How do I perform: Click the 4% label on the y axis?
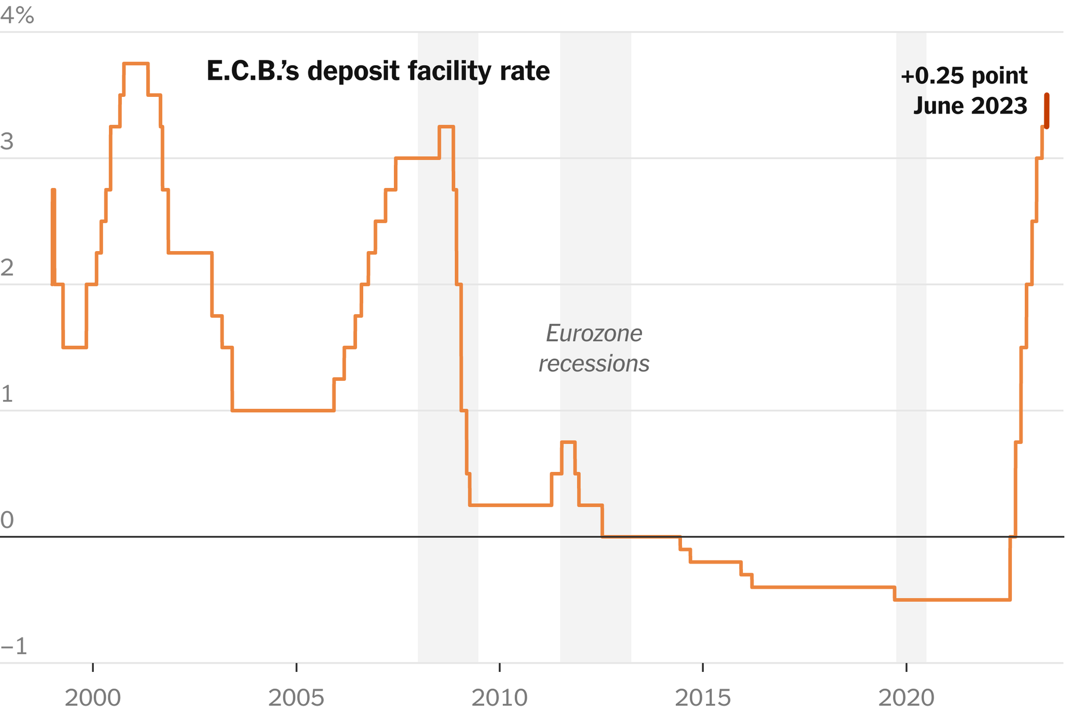pyautogui.click(x=17, y=16)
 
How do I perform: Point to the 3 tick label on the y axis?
pyautogui.click(x=7, y=142)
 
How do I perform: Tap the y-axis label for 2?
pyautogui.click(x=7, y=268)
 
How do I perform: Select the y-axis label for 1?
pyautogui.click(x=7, y=394)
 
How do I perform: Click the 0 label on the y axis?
pyautogui.click(x=7, y=520)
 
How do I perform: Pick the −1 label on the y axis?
pyautogui.click(x=14, y=646)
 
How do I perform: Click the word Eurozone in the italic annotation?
pyautogui.click(x=594, y=334)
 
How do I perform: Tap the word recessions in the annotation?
pyautogui.click(x=594, y=364)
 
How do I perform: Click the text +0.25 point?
pyautogui.click(x=963, y=76)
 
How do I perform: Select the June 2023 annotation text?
pyautogui.click(x=970, y=106)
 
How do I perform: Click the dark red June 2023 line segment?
pyautogui.click(x=1046, y=110)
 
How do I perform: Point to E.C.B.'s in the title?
pyautogui.click(x=253, y=71)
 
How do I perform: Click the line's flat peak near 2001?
pyautogui.click(x=135, y=64)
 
